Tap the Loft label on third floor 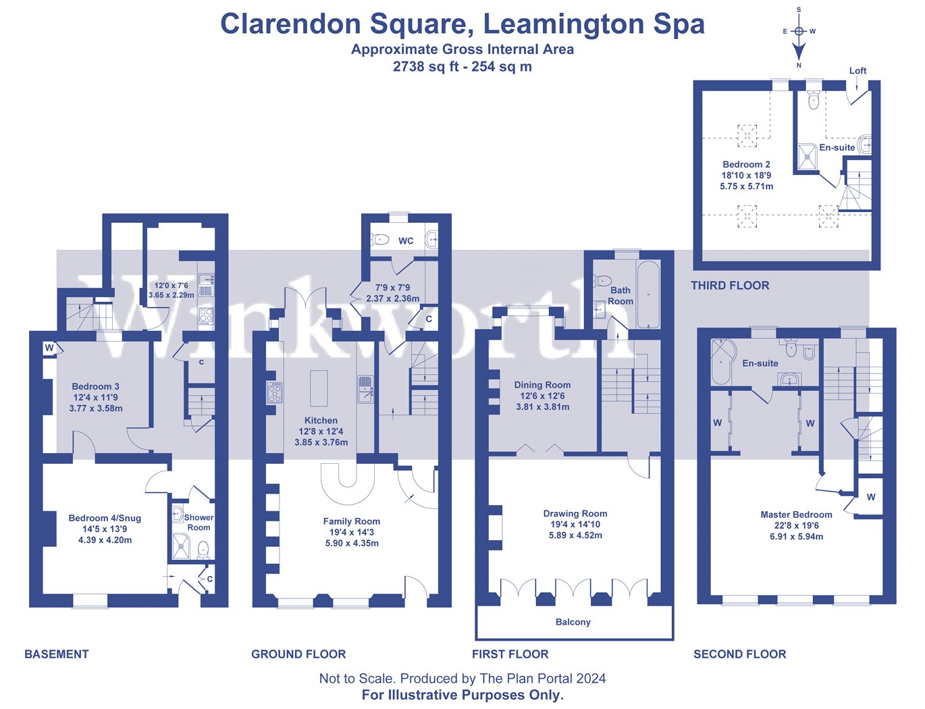pyautogui.click(x=857, y=71)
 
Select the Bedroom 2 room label pyautogui.click(x=746, y=165)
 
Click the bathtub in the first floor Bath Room pyautogui.click(x=648, y=294)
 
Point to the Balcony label pyautogui.click(x=573, y=623)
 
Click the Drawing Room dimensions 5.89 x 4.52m pyautogui.click(x=575, y=535)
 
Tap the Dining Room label pyautogui.click(x=542, y=386)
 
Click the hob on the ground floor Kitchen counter pyautogui.click(x=275, y=392)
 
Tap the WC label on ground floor pyautogui.click(x=406, y=241)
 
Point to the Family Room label pyautogui.click(x=351, y=521)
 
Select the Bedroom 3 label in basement pyautogui.click(x=96, y=387)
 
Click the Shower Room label pyautogui.click(x=199, y=523)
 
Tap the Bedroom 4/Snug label pyautogui.click(x=105, y=519)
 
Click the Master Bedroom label pyautogui.click(x=796, y=515)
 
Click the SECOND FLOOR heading pyautogui.click(x=739, y=654)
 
